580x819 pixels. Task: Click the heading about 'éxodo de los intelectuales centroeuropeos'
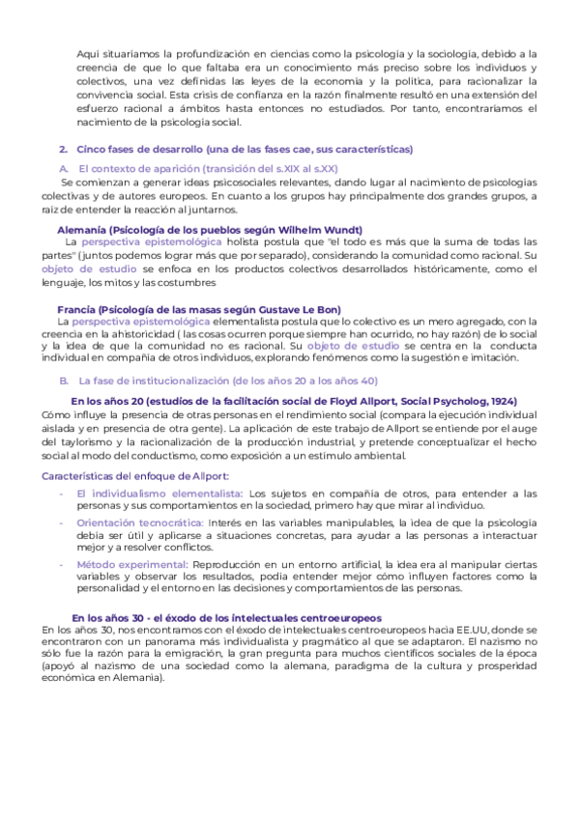coord(226,617)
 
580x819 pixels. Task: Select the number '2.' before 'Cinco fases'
coord(63,150)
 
